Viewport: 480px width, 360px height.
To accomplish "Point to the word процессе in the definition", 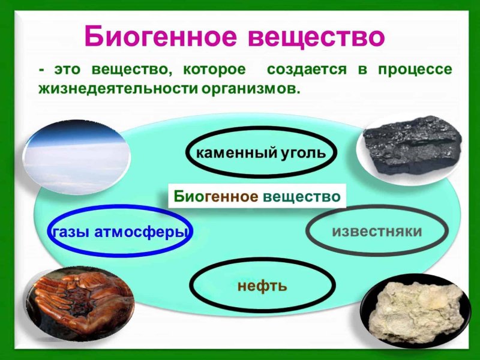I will [415, 70].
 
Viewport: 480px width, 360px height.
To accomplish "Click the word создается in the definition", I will [307, 70].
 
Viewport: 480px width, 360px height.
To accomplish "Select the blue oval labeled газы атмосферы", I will [119, 231].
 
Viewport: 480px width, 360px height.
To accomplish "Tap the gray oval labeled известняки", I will [377, 232].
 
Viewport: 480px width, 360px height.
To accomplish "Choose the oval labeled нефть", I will [262, 285].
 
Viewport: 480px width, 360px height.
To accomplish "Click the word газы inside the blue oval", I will [71, 232].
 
